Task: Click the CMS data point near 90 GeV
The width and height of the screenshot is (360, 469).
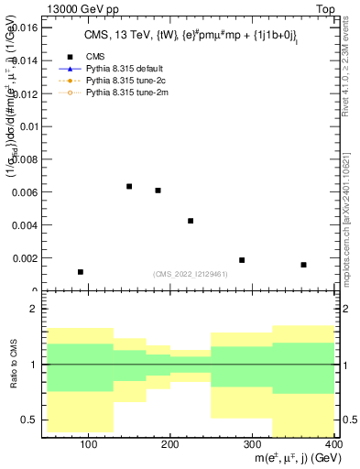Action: point(81,272)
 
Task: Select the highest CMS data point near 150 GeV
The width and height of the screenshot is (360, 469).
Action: point(129,186)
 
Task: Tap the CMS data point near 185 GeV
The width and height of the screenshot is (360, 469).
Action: point(158,191)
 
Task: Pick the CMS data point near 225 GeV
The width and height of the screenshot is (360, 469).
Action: point(191,221)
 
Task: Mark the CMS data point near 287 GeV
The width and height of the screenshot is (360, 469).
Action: point(242,260)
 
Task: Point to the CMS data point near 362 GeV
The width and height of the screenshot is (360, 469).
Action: point(303,265)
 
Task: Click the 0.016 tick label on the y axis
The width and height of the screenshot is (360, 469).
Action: point(26,28)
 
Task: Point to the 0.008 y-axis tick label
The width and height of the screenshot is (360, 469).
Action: point(26,159)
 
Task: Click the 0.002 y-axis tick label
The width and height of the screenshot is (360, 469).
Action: point(26,258)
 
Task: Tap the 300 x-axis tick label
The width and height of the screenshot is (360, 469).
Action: point(253,443)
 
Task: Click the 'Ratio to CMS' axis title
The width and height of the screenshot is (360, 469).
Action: point(13,365)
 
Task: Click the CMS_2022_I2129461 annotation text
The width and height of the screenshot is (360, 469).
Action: point(189,275)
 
